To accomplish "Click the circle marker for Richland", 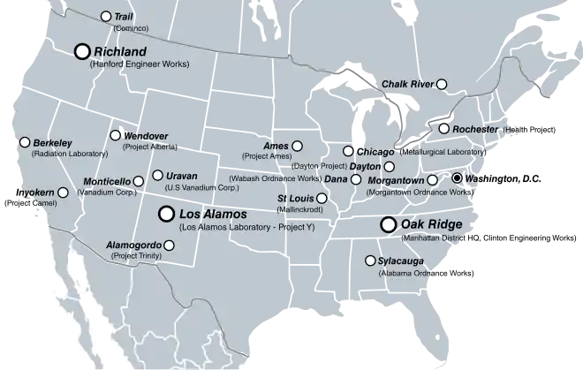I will click(83, 52).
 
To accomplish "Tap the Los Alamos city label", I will click(213, 214).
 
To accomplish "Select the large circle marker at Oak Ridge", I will click(388, 225).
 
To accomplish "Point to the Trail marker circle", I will click(107, 17).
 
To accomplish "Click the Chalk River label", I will click(407, 84).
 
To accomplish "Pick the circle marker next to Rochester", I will click(443, 129).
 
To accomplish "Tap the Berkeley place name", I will click(52, 143).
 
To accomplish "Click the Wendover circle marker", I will click(115, 135).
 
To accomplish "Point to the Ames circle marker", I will click(297, 146).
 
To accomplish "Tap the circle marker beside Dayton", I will click(390, 166).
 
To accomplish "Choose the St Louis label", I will click(296, 198).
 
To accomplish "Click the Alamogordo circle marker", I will click(169, 245).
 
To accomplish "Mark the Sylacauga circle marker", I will click(370, 261).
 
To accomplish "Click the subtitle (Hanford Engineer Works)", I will click(139, 65).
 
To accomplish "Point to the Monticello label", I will click(106, 181).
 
